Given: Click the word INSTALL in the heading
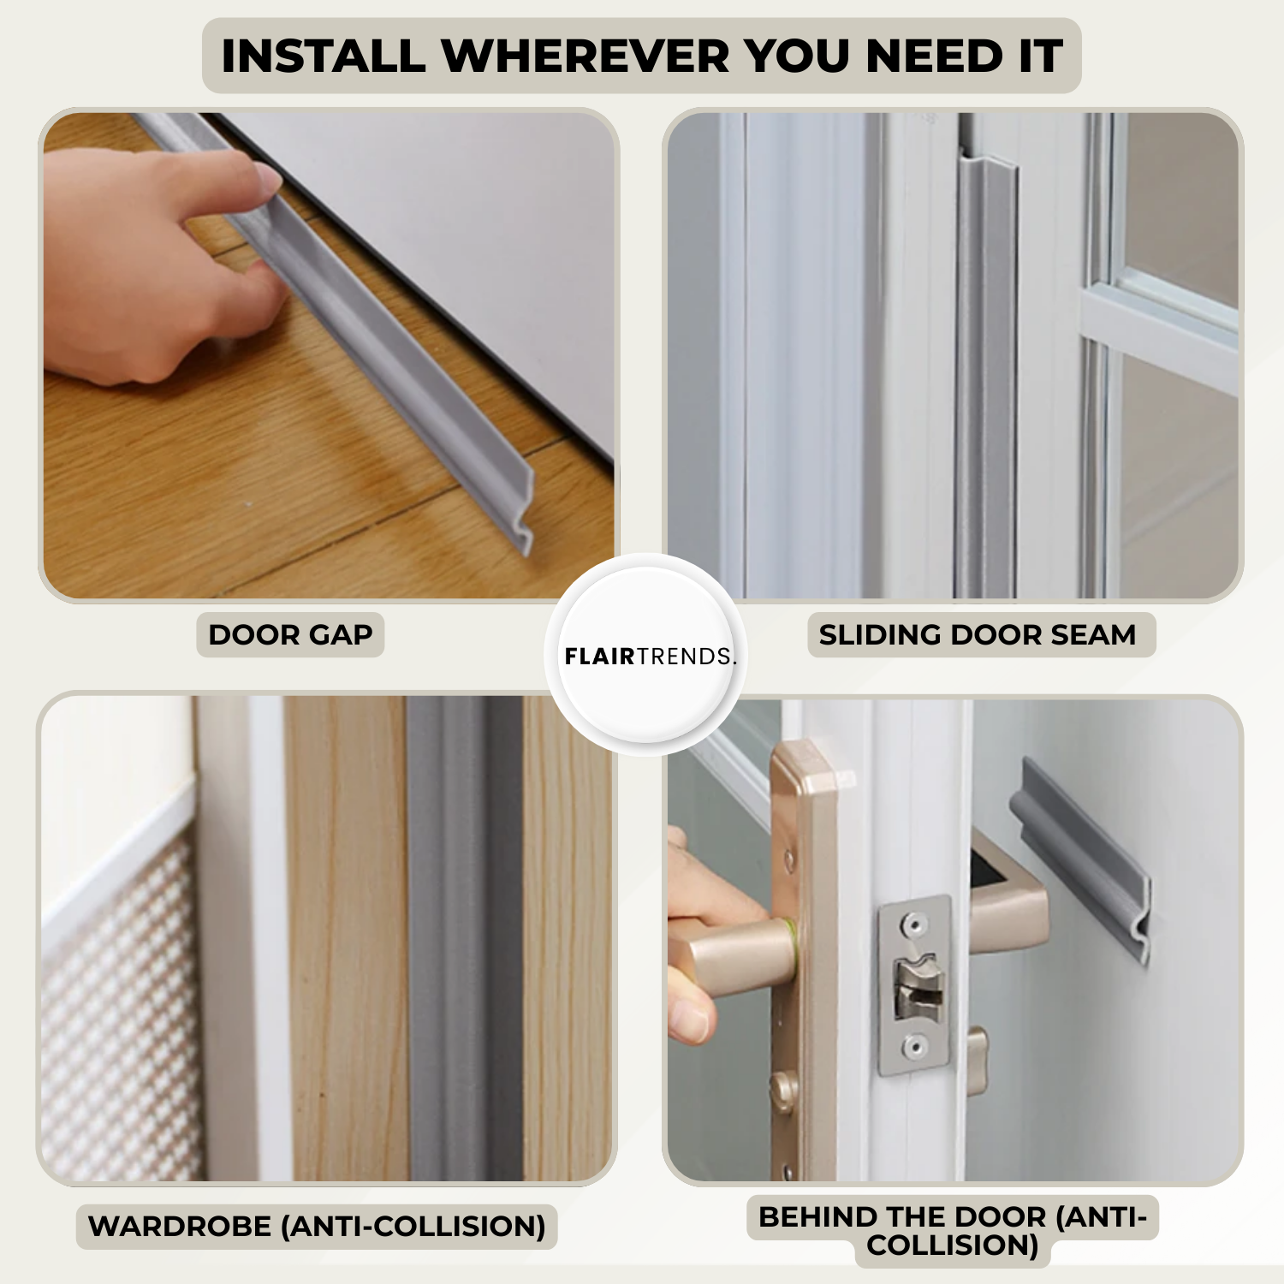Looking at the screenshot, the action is coord(323,56).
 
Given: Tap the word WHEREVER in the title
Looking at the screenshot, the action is coord(586,56).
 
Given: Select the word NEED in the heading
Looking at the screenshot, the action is coord(934,56).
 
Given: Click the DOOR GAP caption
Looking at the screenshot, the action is coord(290,635).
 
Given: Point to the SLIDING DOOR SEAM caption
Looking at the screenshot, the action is coord(978,635).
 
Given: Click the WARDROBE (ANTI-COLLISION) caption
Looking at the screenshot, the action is coord(317,1227).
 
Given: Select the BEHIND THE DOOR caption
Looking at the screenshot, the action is coord(953,1230).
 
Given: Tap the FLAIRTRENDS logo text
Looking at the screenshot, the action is coord(649,657).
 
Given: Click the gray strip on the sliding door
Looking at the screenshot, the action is coord(985,377).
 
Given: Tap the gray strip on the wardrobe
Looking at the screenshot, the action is coord(464,938).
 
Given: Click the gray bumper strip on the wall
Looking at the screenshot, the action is coord(1080,856).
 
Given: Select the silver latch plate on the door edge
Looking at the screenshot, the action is coord(914,985).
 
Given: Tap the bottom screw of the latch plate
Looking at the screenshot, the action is coord(914,1045).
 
